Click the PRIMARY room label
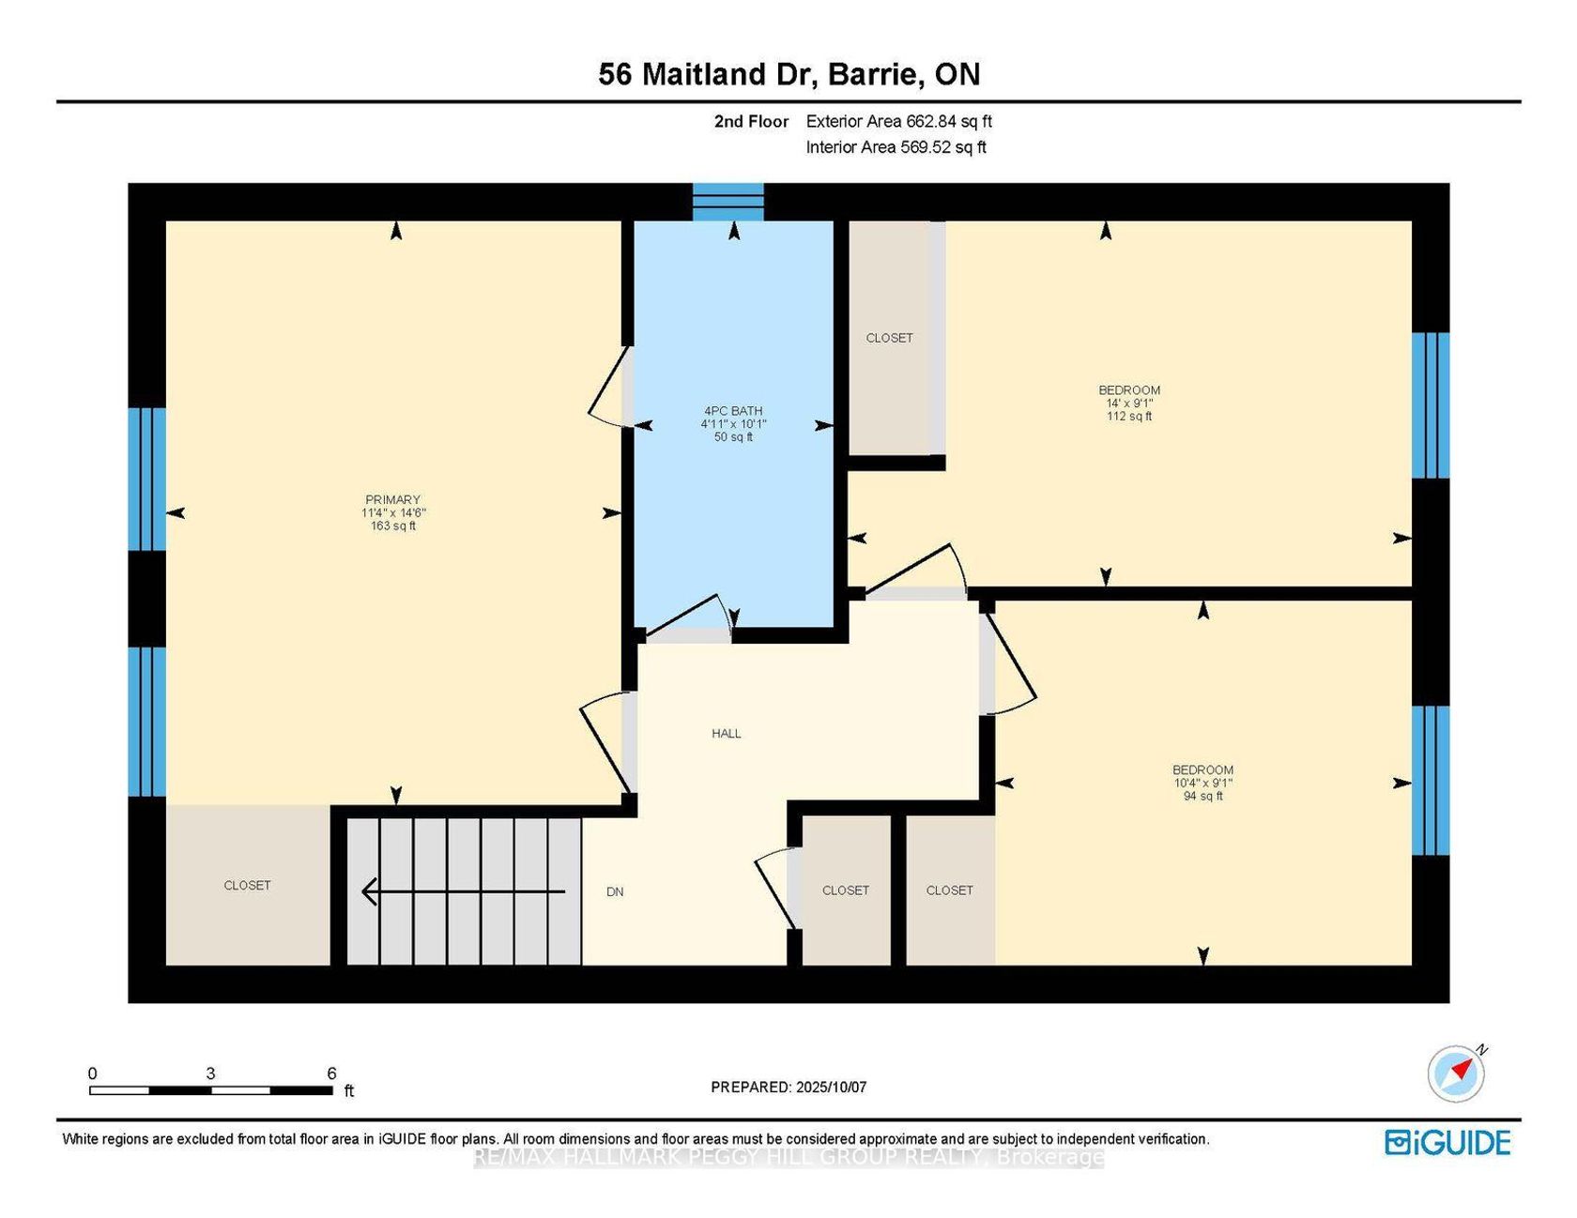pyautogui.click(x=392, y=499)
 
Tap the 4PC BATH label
pyautogui.click(x=733, y=410)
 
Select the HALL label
pyautogui.click(x=727, y=734)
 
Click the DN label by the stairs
pyautogui.click(x=615, y=891)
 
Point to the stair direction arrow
pyautogui.click(x=464, y=891)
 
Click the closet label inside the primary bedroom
pyautogui.click(x=247, y=885)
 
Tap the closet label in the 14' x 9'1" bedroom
pyautogui.click(x=889, y=338)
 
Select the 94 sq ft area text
pyautogui.click(x=1203, y=796)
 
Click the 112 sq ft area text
pyautogui.click(x=1129, y=416)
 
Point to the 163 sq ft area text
pyautogui.click(x=393, y=525)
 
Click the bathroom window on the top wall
pyautogui.click(x=728, y=202)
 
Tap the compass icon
pyautogui.click(x=1456, y=1073)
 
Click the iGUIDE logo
pyautogui.click(x=1447, y=1142)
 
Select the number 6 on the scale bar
pyautogui.click(x=331, y=1073)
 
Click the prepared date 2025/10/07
pyautogui.click(x=831, y=1087)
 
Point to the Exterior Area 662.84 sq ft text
pyautogui.click(x=898, y=121)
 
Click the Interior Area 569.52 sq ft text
pyautogui.click(x=896, y=146)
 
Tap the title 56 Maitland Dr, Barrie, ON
pyautogui.click(x=788, y=74)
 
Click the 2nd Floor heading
pyautogui.click(x=751, y=121)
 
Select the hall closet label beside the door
pyautogui.click(x=846, y=890)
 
